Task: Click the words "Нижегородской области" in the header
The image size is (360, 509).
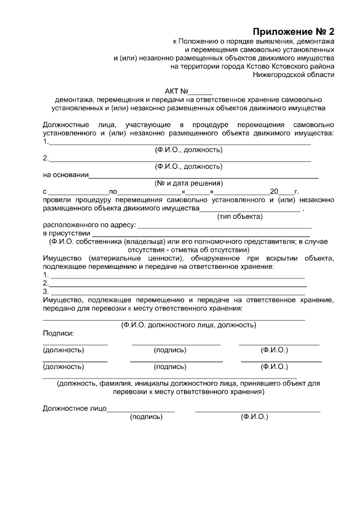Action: click(x=293, y=74)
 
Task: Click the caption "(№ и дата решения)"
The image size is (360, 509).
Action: click(x=188, y=183)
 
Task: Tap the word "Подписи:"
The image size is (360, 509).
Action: click(x=58, y=334)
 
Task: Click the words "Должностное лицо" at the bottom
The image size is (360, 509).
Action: click(x=74, y=409)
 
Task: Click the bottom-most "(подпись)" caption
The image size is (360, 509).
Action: click(x=146, y=417)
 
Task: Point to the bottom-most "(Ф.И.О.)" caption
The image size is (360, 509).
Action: click(x=254, y=417)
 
